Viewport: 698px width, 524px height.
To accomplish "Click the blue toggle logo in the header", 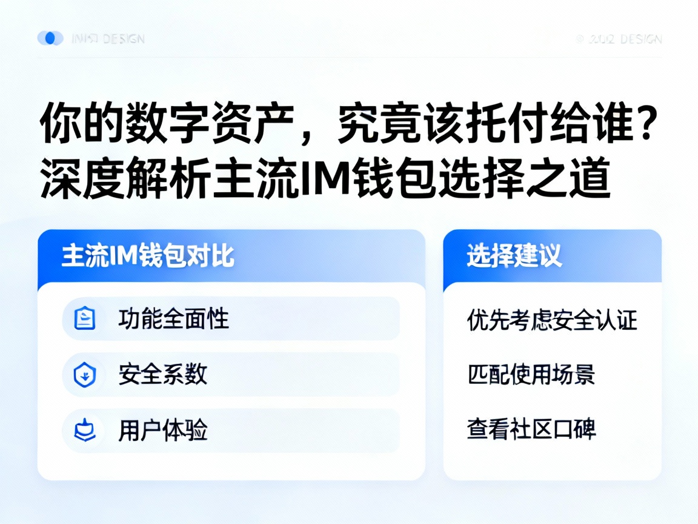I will point(50,38).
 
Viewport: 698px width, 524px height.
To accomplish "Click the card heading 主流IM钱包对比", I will point(148,256).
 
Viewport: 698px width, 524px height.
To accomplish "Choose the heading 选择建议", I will point(514,256).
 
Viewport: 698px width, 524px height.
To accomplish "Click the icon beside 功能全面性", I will point(85,318).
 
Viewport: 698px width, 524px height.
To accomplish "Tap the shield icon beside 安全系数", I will point(85,375).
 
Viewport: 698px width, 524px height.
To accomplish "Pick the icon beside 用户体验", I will point(85,431).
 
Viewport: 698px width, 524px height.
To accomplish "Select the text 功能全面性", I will point(174,318).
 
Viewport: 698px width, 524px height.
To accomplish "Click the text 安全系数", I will point(163,375).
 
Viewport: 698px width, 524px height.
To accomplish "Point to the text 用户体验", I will point(163,431).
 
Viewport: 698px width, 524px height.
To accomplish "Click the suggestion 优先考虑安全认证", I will point(552,320).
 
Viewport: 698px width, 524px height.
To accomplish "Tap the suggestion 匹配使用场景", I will point(531,374).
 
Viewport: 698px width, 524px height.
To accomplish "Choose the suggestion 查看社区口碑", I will point(531,429).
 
